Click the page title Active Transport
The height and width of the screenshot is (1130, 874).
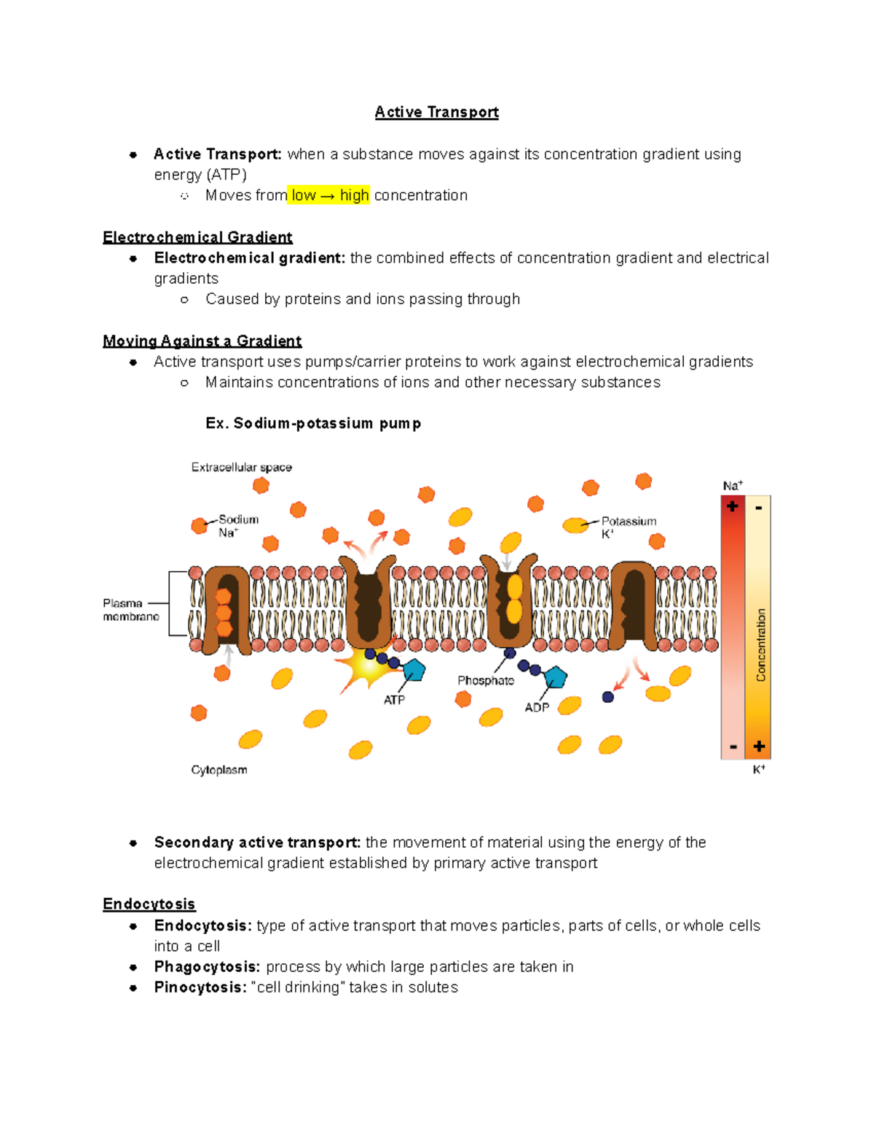coord(436,112)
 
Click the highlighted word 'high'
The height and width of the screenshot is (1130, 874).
coord(354,195)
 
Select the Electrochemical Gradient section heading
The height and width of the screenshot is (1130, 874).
coord(197,237)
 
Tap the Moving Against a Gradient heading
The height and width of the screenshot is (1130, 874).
coord(202,341)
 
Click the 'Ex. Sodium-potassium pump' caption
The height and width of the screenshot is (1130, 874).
coord(313,423)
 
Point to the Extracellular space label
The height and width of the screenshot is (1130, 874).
coord(241,467)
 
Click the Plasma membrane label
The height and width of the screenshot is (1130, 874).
coord(130,610)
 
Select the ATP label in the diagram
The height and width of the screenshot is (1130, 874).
coord(394,700)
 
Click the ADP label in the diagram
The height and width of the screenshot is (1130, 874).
coord(537,707)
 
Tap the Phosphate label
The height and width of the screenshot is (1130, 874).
coord(485,680)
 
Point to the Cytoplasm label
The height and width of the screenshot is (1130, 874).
coord(219,770)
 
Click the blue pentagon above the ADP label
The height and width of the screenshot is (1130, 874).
coord(555,677)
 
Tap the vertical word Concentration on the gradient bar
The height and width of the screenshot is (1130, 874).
coord(761,645)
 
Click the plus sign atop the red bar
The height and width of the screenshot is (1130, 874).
coord(733,506)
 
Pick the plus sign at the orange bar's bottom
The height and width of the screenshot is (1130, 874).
coord(759,746)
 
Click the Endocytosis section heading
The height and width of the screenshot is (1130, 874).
coord(149,904)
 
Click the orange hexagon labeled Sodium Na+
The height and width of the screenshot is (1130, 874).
coord(200,525)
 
